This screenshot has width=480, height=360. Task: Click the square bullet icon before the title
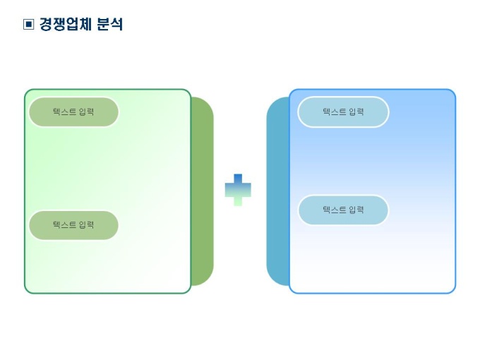click(28, 25)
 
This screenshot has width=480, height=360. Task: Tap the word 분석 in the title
click(110, 25)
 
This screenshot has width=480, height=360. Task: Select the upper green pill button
click(73, 112)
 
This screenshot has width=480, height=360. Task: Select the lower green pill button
click(73, 225)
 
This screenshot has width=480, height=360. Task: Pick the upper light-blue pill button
click(343, 112)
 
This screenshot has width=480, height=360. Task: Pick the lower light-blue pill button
click(343, 210)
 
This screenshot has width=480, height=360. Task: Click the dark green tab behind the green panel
click(203, 191)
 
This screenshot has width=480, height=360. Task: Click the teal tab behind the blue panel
click(277, 191)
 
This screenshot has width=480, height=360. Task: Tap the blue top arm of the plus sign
click(238, 178)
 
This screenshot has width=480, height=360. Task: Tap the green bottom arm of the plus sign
click(238, 201)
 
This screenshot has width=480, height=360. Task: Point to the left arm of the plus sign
click(229, 189)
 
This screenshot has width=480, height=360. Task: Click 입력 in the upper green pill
click(86, 112)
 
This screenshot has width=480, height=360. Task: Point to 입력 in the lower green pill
click(86, 225)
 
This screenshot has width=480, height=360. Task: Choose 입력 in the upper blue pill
click(356, 112)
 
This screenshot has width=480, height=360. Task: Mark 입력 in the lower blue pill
click(356, 210)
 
